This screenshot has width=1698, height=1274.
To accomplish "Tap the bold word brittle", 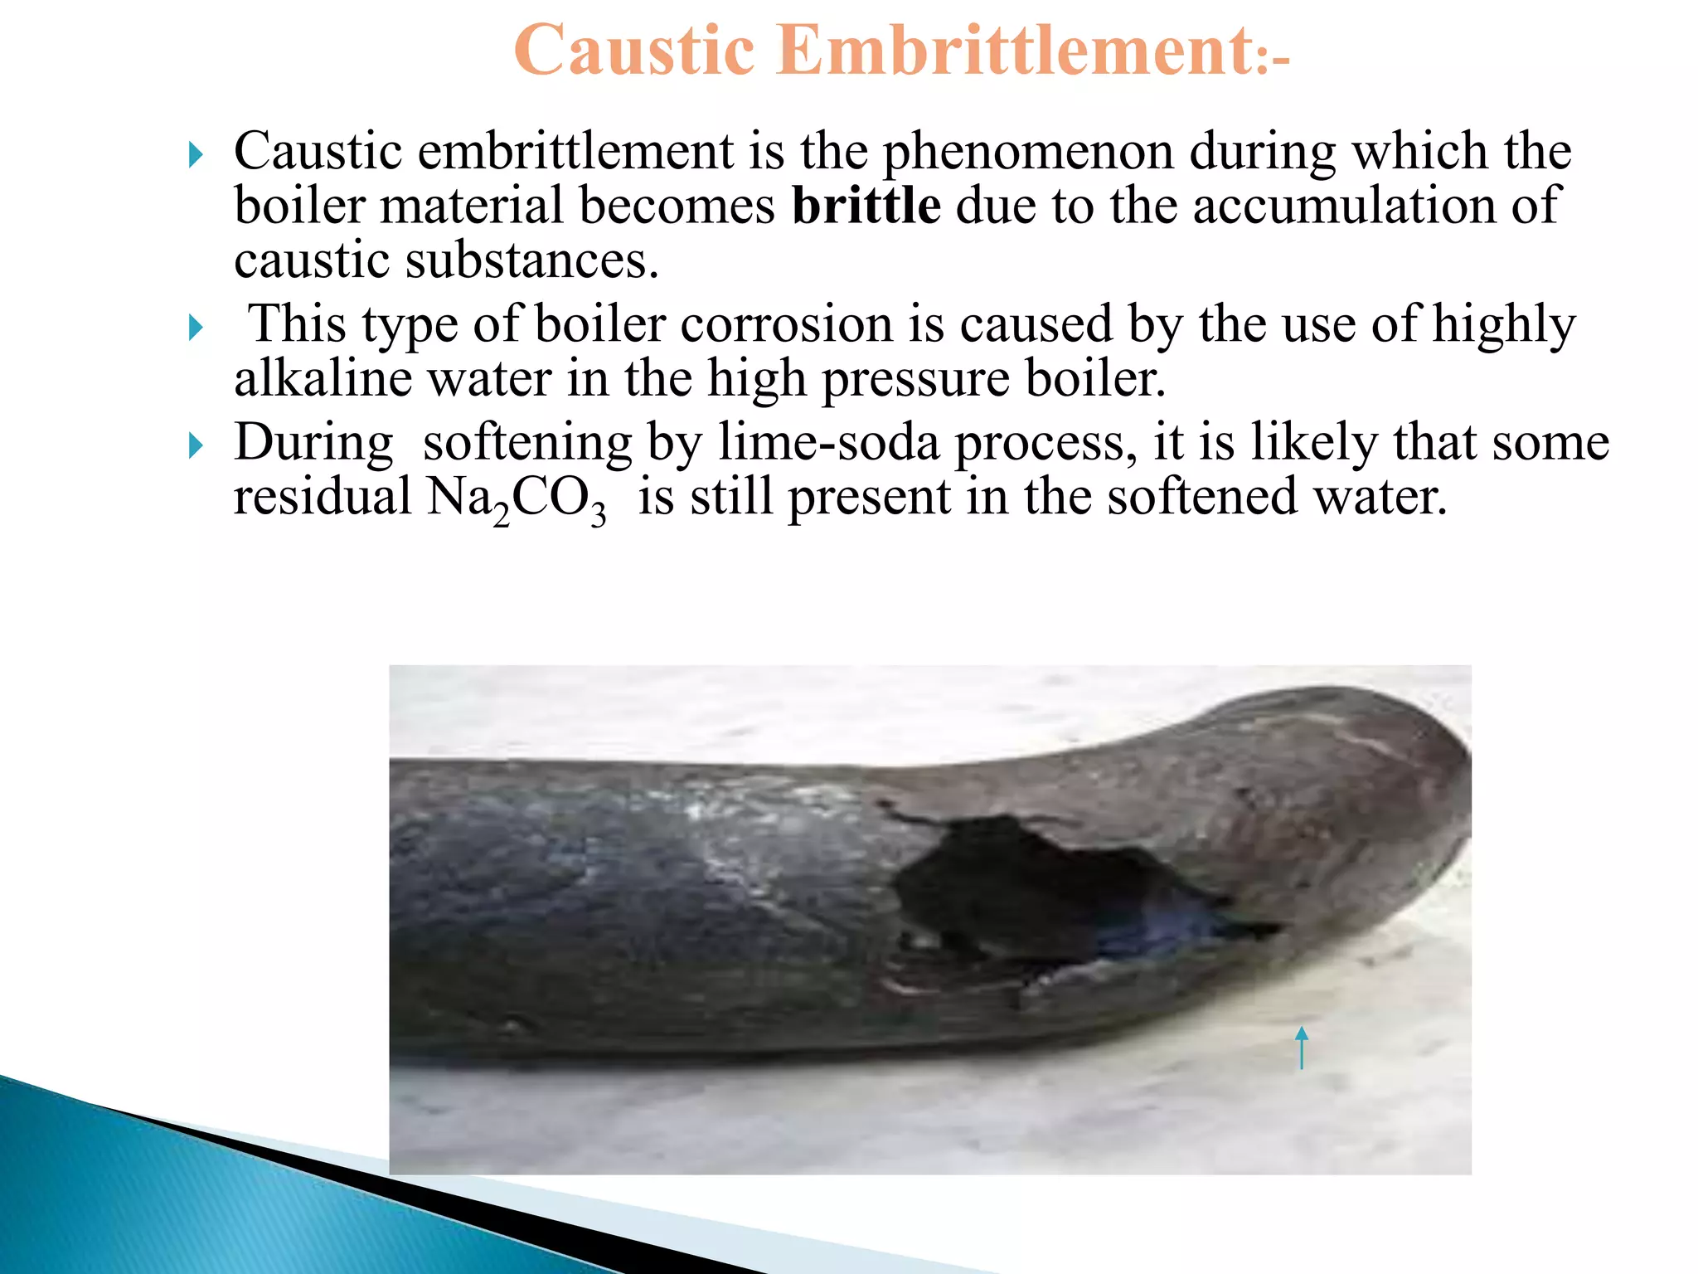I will (866, 205).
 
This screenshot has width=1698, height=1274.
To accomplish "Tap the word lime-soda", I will (828, 441).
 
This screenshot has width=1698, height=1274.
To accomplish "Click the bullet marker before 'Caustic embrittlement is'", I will (196, 154).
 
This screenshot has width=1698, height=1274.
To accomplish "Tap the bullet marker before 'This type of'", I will (196, 327).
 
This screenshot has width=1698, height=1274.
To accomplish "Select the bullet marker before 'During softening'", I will (196, 445).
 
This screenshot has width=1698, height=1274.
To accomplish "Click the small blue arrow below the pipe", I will (1301, 1047).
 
